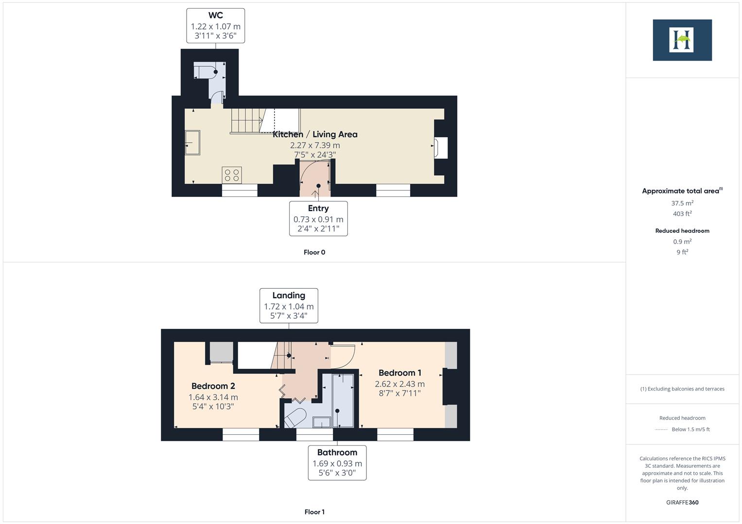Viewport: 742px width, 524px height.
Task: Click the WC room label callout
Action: pos(215,26)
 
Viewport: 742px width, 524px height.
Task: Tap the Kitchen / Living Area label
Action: pos(315,134)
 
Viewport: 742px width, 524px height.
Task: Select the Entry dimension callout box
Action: pos(318,219)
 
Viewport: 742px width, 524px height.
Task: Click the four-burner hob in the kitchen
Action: pos(232,175)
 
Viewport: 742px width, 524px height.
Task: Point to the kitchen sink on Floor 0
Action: pos(192,143)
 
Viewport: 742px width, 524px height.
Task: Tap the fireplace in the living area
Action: pos(441,148)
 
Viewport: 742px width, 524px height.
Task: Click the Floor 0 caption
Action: pos(314,252)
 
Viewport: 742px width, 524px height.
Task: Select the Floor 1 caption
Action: pos(314,512)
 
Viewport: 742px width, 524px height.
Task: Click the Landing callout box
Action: pos(289,306)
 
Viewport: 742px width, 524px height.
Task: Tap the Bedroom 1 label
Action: pos(399,373)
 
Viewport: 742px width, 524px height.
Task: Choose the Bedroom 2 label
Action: pos(213,386)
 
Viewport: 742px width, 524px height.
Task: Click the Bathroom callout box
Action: pos(337,463)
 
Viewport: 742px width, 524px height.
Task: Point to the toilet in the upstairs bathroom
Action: pos(295,417)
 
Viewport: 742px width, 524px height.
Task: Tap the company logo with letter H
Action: pos(682,40)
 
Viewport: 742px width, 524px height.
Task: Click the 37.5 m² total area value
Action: pos(682,203)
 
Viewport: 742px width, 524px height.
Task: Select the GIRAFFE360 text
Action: pos(682,503)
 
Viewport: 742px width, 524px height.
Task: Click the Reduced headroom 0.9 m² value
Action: pos(682,242)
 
